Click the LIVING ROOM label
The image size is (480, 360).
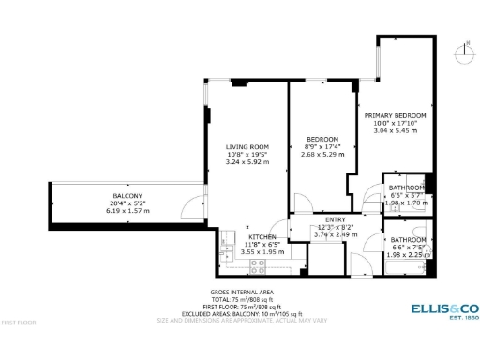[247, 147]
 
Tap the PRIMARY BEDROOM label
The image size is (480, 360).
[395, 115]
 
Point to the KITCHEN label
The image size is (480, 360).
[262, 237]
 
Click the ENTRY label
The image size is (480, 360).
[336, 219]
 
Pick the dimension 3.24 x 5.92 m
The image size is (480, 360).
[247, 162]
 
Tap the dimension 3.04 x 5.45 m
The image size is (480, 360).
[395, 130]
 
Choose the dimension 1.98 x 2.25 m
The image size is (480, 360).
[408, 254]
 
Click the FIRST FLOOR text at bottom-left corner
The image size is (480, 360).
[19, 322]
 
